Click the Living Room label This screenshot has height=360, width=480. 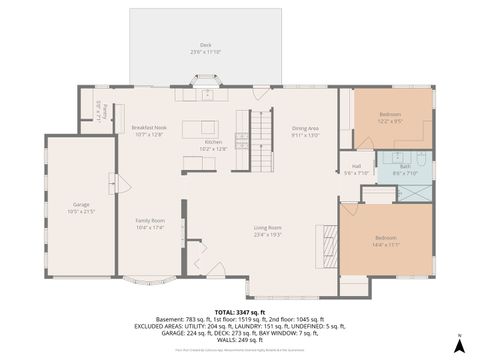(x=267, y=230)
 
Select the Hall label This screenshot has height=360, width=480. (x=357, y=169)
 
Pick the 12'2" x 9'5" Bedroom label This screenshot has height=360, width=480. (x=390, y=117)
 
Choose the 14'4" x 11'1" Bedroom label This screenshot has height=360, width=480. (x=386, y=241)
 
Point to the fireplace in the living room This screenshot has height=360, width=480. (x=324, y=243)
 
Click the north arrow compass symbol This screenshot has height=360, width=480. (x=457, y=343)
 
